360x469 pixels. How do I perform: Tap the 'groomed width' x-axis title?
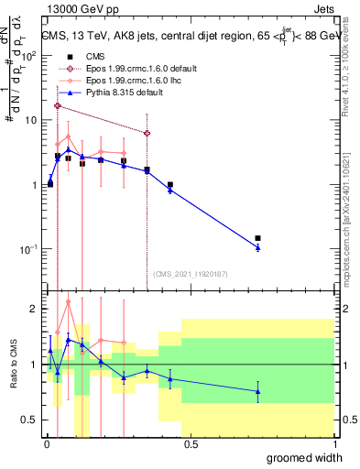click(x=302, y=457)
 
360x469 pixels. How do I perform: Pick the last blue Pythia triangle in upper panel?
click(x=257, y=247)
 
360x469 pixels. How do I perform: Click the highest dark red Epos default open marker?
click(x=58, y=106)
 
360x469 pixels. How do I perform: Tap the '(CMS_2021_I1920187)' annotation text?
click(x=190, y=273)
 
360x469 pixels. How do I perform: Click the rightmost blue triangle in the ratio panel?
click(x=257, y=391)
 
